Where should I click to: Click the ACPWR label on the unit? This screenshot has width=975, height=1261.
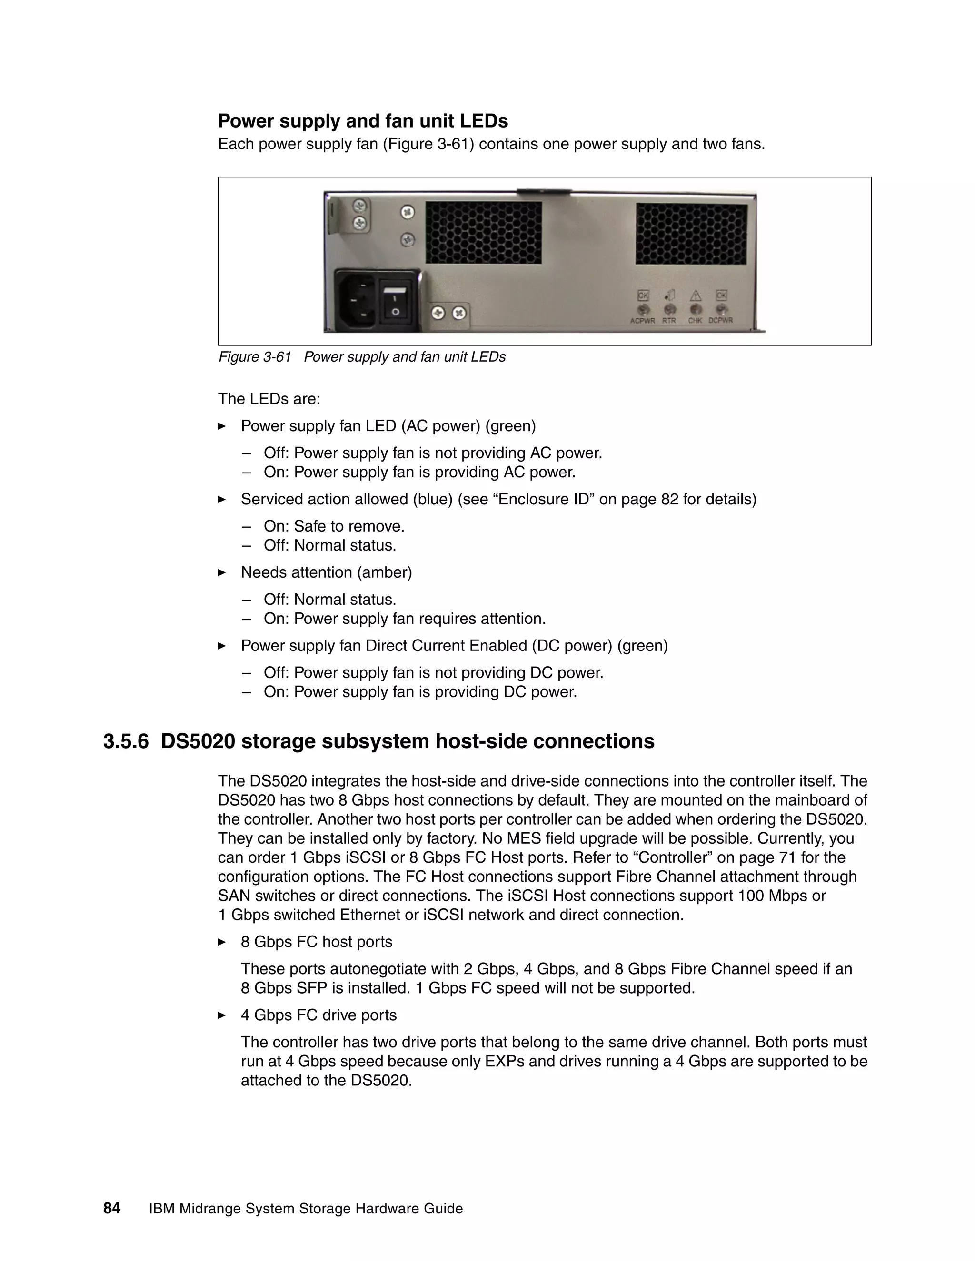[642, 320]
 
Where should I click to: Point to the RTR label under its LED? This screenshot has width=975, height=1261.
[669, 320]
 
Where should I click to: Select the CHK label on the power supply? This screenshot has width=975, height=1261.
[695, 320]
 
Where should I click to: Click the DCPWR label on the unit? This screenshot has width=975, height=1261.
[721, 320]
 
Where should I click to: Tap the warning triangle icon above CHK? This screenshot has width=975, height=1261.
[696, 296]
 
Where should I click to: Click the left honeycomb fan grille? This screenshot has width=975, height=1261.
[484, 232]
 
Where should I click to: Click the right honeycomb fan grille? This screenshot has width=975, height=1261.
[691, 233]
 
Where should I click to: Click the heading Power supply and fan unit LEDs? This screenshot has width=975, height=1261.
[363, 121]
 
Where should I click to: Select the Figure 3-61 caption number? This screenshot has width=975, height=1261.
[254, 357]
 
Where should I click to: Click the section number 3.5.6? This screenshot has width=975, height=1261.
[126, 741]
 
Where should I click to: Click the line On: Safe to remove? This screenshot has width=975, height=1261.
[334, 527]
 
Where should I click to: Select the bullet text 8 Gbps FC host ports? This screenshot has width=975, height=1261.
[317, 942]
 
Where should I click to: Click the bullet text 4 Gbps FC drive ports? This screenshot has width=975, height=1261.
[319, 1015]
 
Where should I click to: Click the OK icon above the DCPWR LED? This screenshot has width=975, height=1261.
[721, 296]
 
